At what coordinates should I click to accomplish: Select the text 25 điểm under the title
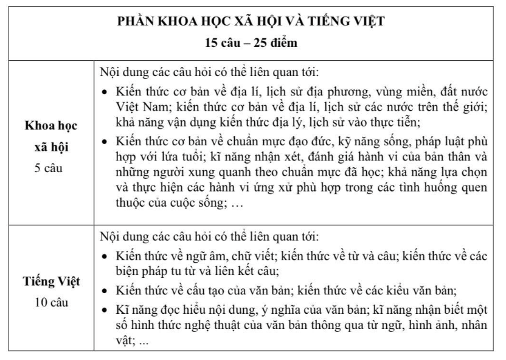276,44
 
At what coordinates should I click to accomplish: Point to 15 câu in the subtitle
223,44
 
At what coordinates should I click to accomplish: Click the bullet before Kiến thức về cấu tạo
105,289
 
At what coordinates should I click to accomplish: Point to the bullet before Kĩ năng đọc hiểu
105,310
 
